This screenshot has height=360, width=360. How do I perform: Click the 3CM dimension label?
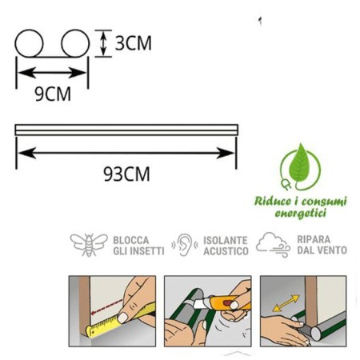pos(133,43)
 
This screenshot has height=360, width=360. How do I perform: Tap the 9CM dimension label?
pos(53,94)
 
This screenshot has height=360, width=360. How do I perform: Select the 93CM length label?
pos(126,174)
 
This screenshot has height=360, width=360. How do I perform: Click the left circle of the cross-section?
pos(29,43)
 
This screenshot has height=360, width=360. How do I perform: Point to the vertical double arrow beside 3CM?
pos(103,43)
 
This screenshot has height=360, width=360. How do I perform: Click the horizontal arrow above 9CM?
pos(52,73)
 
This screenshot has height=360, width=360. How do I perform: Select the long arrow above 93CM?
pos(126,153)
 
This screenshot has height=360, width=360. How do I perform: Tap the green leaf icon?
pos(301,162)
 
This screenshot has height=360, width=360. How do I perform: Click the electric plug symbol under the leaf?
pos(286,185)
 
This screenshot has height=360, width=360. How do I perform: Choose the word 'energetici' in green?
pos(301,214)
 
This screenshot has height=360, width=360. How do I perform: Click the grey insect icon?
pos(89,245)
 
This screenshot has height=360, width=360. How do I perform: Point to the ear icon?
pos(185,245)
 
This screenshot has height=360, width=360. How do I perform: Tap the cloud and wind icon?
pos(273,245)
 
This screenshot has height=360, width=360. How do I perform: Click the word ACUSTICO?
pos(226,251)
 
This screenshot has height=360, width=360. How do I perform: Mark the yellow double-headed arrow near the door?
pos(286,303)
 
